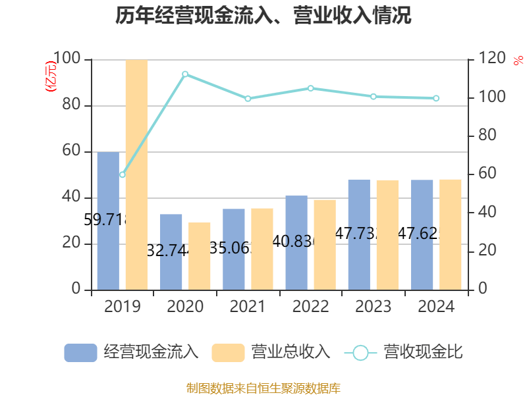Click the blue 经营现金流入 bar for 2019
click(108, 221)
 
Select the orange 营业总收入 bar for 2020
click(199, 255)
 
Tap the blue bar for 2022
click(296, 242)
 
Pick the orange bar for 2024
click(451, 234)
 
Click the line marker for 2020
click(185, 74)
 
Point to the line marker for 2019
click(122, 174)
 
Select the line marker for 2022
click(311, 88)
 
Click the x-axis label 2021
click(247, 307)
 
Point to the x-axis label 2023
click(373, 307)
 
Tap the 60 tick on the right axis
click(487, 174)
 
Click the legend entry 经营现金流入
click(132, 352)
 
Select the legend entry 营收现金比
click(403, 352)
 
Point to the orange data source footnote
click(263, 388)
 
